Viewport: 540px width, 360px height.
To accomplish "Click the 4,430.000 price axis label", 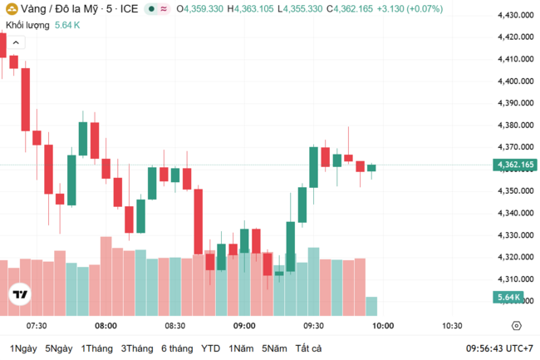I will coord(515,15).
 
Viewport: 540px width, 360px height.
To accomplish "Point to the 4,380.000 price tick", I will coord(515,126).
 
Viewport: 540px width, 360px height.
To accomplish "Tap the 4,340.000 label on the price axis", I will coord(515,214).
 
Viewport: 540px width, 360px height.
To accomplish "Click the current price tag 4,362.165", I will coord(516,165).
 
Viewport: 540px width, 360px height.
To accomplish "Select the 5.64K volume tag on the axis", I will coord(508,297).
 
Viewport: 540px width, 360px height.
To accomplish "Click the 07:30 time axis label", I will coord(37,326).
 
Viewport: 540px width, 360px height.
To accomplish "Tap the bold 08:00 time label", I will coord(106,326).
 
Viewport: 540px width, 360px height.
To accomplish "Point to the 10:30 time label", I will coord(452,326).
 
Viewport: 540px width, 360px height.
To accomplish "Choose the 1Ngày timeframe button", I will coord(23,348).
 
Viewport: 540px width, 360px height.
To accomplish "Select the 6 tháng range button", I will coord(176,348).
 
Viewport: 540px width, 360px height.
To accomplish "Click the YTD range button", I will coord(211,348).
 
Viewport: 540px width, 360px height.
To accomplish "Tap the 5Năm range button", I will coord(274,348).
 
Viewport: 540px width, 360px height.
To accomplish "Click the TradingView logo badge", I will coord(19,294).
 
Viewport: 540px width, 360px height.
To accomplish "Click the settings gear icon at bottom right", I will coord(516,326).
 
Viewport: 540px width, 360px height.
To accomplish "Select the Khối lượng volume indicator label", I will coord(27,25).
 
